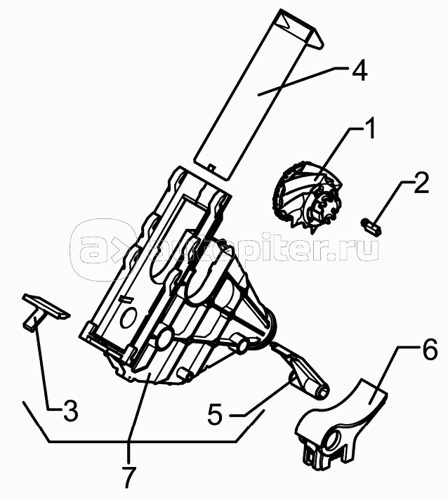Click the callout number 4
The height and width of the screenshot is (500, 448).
tap(359, 72)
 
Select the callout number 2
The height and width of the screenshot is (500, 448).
tap(420, 185)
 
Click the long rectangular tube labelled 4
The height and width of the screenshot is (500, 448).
tap(250, 98)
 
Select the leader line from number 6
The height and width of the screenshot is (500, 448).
tap(390, 372)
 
